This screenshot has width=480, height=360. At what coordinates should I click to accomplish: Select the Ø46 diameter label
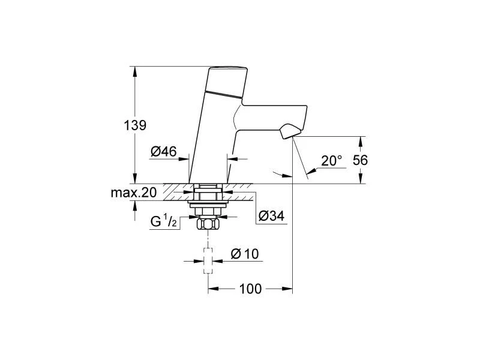click(x=163, y=152)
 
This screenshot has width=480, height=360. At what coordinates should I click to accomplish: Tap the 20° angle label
click(x=331, y=160)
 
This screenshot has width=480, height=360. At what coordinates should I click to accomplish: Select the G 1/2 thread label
click(x=163, y=221)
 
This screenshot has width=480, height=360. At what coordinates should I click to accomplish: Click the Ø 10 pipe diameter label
click(x=244, y=254)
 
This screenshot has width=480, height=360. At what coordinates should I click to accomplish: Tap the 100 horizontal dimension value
click(x=250, y=289)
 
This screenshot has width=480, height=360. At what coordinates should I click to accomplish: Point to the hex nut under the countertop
click(x=208, y=225)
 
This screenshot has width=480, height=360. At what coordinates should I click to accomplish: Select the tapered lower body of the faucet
click(x=210, y=150)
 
